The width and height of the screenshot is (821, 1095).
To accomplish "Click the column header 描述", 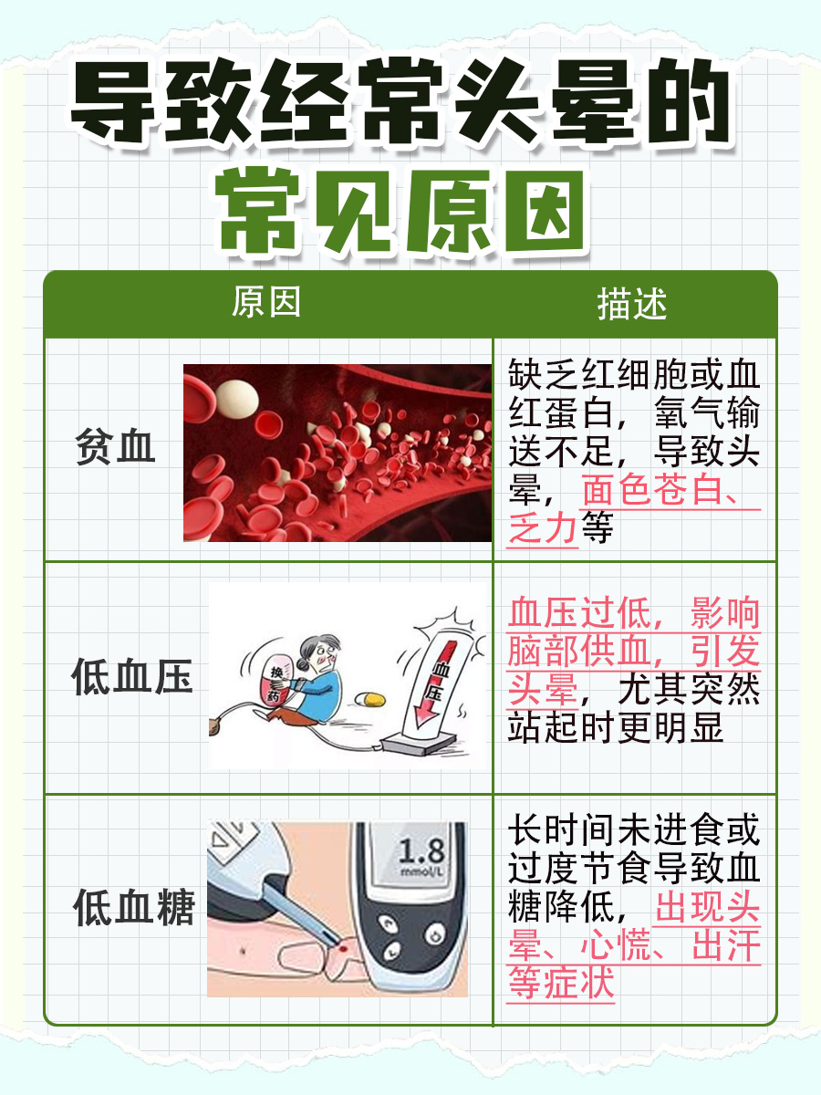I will (x=632, y=305).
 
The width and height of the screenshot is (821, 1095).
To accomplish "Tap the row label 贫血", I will (x=115, y=449).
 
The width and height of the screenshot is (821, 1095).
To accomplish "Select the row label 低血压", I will (x=132, y=679).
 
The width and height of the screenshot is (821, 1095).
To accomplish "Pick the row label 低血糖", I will (x=134, y=909).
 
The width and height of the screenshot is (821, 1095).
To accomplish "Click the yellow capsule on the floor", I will (x=369, y=699).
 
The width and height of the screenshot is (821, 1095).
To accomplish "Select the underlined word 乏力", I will (x=544, y=528).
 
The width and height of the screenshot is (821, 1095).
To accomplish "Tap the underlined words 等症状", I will (x=561, y=985).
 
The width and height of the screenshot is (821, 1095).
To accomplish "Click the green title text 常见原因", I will (x=401, y=213).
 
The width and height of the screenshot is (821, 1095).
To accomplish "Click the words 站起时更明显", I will (x=615, y=727).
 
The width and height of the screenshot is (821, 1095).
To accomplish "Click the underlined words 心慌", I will (x=619, y=947).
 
